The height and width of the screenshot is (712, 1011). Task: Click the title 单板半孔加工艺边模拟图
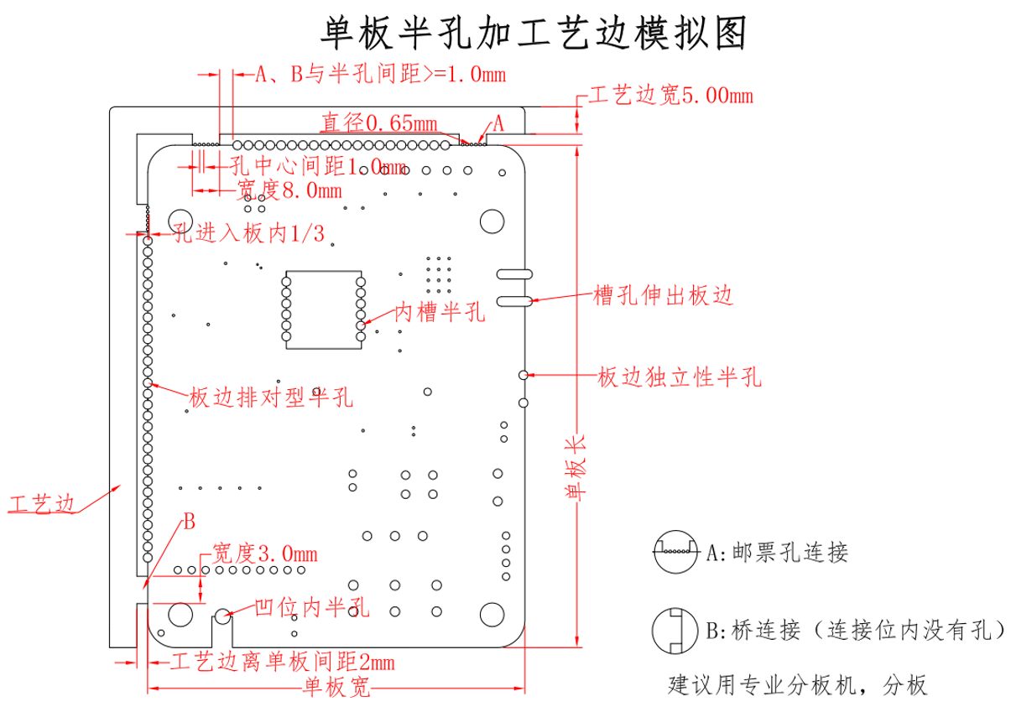[534, 34]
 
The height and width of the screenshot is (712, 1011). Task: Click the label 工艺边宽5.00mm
[670, 95]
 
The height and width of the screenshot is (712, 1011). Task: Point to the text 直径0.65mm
[379, 123]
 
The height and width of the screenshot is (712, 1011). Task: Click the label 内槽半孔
[440, 313]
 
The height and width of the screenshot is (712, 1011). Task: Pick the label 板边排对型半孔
[270, 397]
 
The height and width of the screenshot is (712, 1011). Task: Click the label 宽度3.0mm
[263, 553]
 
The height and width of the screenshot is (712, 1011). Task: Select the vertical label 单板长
[576, 470]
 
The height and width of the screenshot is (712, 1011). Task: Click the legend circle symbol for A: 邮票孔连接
[676, 553]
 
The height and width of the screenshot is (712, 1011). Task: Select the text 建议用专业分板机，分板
[797, 685]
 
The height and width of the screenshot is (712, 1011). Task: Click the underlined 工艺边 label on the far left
[40, 504]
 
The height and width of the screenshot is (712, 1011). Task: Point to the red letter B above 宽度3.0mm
[189, 522]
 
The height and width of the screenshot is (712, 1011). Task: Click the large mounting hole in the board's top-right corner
[491, 221]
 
